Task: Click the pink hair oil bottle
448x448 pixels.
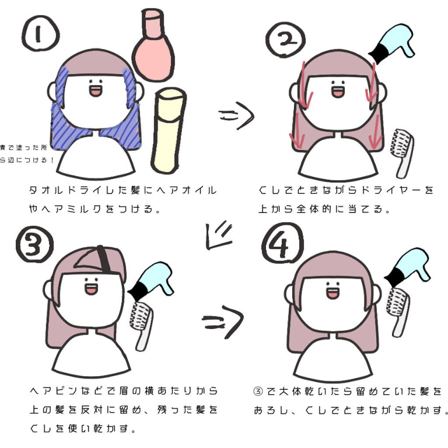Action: point(153,48)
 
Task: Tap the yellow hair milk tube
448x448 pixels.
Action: point(168,131)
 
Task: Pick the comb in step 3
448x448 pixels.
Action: point(140,324)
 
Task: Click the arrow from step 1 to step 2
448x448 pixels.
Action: point(236,117)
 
